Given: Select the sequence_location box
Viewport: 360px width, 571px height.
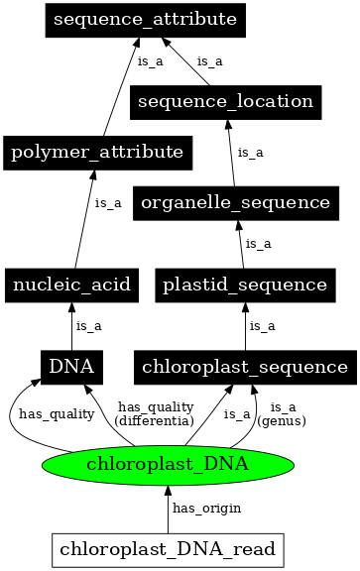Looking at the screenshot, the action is [x=225, y=101].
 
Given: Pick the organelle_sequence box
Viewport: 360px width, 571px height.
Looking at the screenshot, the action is [x=235, y=202].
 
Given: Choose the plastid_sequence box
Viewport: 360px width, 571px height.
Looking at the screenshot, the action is [x=245, y=285].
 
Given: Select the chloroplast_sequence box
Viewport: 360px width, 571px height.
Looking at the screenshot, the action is [x=245, y=367].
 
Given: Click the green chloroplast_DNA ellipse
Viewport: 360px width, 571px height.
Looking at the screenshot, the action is [x=168, y=463].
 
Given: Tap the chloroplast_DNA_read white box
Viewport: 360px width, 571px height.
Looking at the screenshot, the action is [x=168, y=548].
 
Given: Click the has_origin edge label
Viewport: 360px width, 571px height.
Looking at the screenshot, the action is [x=206, y=508].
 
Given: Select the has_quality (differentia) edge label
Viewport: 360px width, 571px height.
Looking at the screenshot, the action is [x=154, y=413].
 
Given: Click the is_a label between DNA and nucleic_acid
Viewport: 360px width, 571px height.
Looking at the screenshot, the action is [x=89, y=325].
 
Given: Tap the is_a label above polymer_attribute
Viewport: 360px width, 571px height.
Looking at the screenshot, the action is [x=149, y=61].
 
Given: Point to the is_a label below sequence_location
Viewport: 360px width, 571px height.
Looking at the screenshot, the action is [x=251, y=153].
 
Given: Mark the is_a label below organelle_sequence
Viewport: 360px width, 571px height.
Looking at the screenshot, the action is [x=259, y=243].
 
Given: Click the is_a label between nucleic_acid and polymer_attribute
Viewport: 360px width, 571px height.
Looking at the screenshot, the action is [x=108, y=203].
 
